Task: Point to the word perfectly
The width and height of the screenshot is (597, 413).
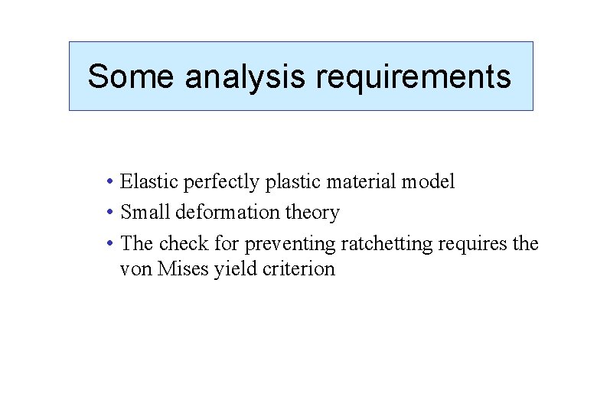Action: pos(218,182)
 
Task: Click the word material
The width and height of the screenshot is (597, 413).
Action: pos(356,182)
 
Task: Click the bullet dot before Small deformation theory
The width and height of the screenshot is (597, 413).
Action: pos(111,213)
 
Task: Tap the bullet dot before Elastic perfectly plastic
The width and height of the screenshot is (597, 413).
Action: pos(111,182)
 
